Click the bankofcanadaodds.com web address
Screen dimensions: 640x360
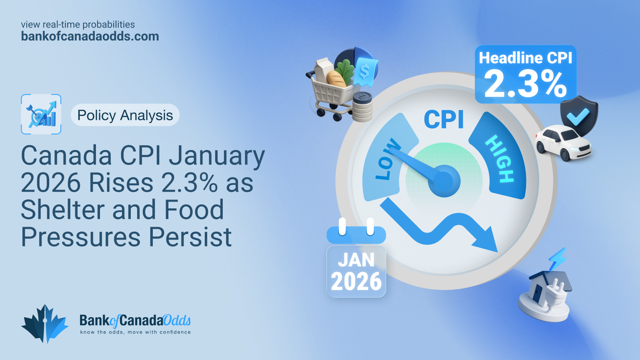[x=90, y=36]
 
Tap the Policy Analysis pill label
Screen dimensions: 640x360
[x=125, y=115]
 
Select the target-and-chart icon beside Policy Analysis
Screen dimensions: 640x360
[x=41, y=114]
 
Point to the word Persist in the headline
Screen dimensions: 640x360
[x=190, y=237]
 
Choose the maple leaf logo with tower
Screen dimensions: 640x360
[x=45, y=324]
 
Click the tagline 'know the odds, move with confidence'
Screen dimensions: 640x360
[x=136, y=332]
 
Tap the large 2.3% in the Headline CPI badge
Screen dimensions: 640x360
[x=525, y=84]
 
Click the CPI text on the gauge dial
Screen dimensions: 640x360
[x=444, y=120]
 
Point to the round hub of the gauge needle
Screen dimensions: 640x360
[x=444, y=181]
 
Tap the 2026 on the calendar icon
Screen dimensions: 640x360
[x=356, y=282]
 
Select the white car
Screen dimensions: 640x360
[x=563, y=143]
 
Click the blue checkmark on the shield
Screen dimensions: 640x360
[x=578, y=116]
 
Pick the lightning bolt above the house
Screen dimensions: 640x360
[x=558, y=259]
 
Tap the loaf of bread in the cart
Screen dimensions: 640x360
[x=337, y=78]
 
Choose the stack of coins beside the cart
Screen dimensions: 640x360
[x=362, y=107]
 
